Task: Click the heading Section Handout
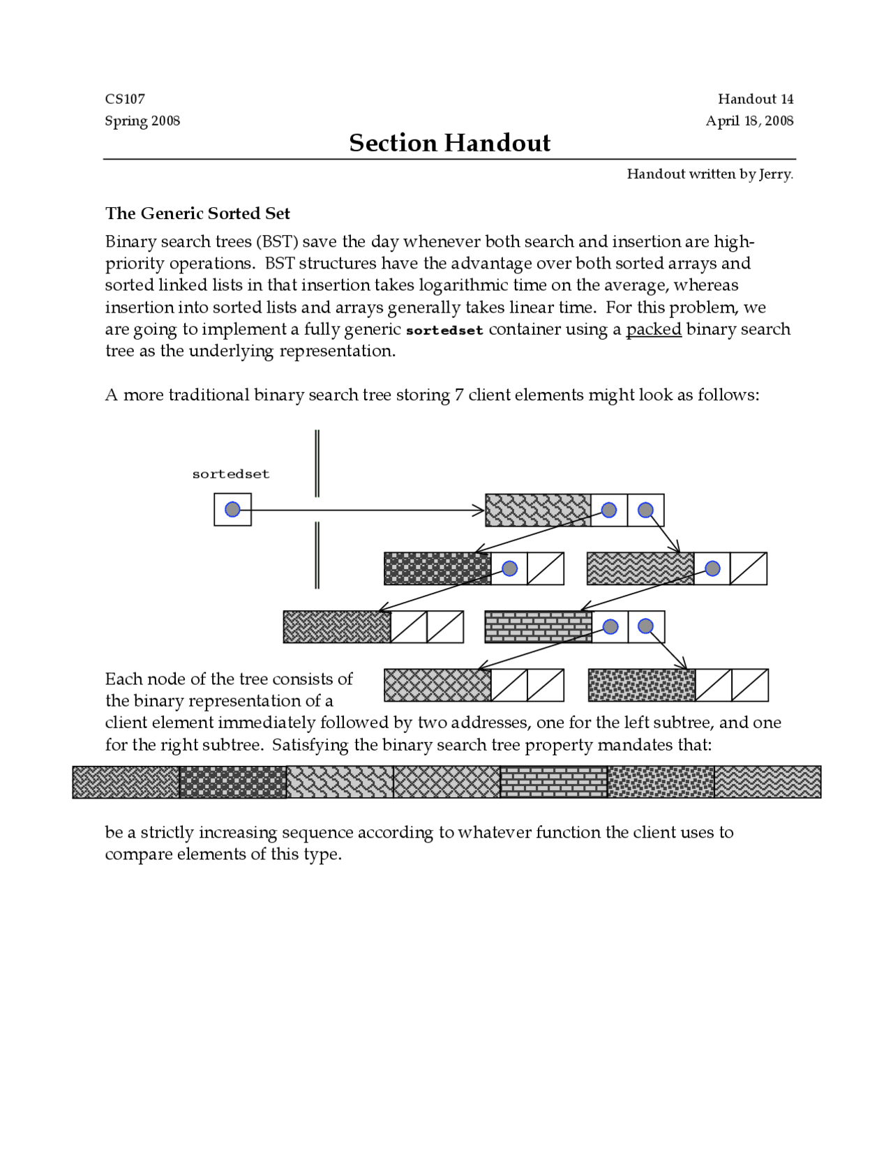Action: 449,143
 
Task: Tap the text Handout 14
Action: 756,99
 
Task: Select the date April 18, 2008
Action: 749,121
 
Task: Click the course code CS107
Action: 125,99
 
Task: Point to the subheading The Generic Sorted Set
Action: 197,213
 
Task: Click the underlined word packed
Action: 653,329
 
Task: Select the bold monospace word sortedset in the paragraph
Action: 444,331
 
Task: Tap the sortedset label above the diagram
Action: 230,474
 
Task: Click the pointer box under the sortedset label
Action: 232,510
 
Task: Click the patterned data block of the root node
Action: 538,510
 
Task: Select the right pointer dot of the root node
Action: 645,510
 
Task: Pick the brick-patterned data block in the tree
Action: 538,626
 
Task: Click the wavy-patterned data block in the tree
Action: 640,568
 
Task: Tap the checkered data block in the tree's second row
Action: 437,568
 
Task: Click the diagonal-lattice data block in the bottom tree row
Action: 437,685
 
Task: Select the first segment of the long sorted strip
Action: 126,782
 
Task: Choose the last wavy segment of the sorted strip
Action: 767,782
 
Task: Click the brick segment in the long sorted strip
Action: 553,782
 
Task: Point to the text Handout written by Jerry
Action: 710,174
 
